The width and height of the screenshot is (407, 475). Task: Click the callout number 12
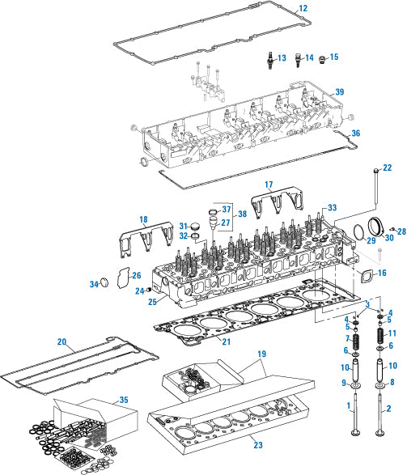point(303,8)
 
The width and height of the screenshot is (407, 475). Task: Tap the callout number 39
point(340,91)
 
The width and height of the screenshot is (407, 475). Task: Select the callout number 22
point(388,168)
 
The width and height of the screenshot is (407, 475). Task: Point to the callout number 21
point(227,341)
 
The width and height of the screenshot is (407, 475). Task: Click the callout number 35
point(124,400)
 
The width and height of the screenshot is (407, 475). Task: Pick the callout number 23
point(258,445)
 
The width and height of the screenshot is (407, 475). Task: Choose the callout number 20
point(61,341)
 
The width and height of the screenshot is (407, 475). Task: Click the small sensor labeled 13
point(269,60)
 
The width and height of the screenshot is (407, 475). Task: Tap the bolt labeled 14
point(298,60)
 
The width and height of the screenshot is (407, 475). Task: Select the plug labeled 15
point(323,59)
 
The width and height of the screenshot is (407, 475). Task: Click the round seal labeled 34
point(104,282)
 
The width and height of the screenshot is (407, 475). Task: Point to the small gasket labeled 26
point(123,278)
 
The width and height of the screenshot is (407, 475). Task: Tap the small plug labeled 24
point(149,290)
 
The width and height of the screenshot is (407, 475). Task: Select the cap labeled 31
point(195,226)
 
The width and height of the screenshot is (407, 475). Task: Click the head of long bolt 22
point(375,172)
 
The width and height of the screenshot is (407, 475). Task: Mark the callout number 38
point(242,214)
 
